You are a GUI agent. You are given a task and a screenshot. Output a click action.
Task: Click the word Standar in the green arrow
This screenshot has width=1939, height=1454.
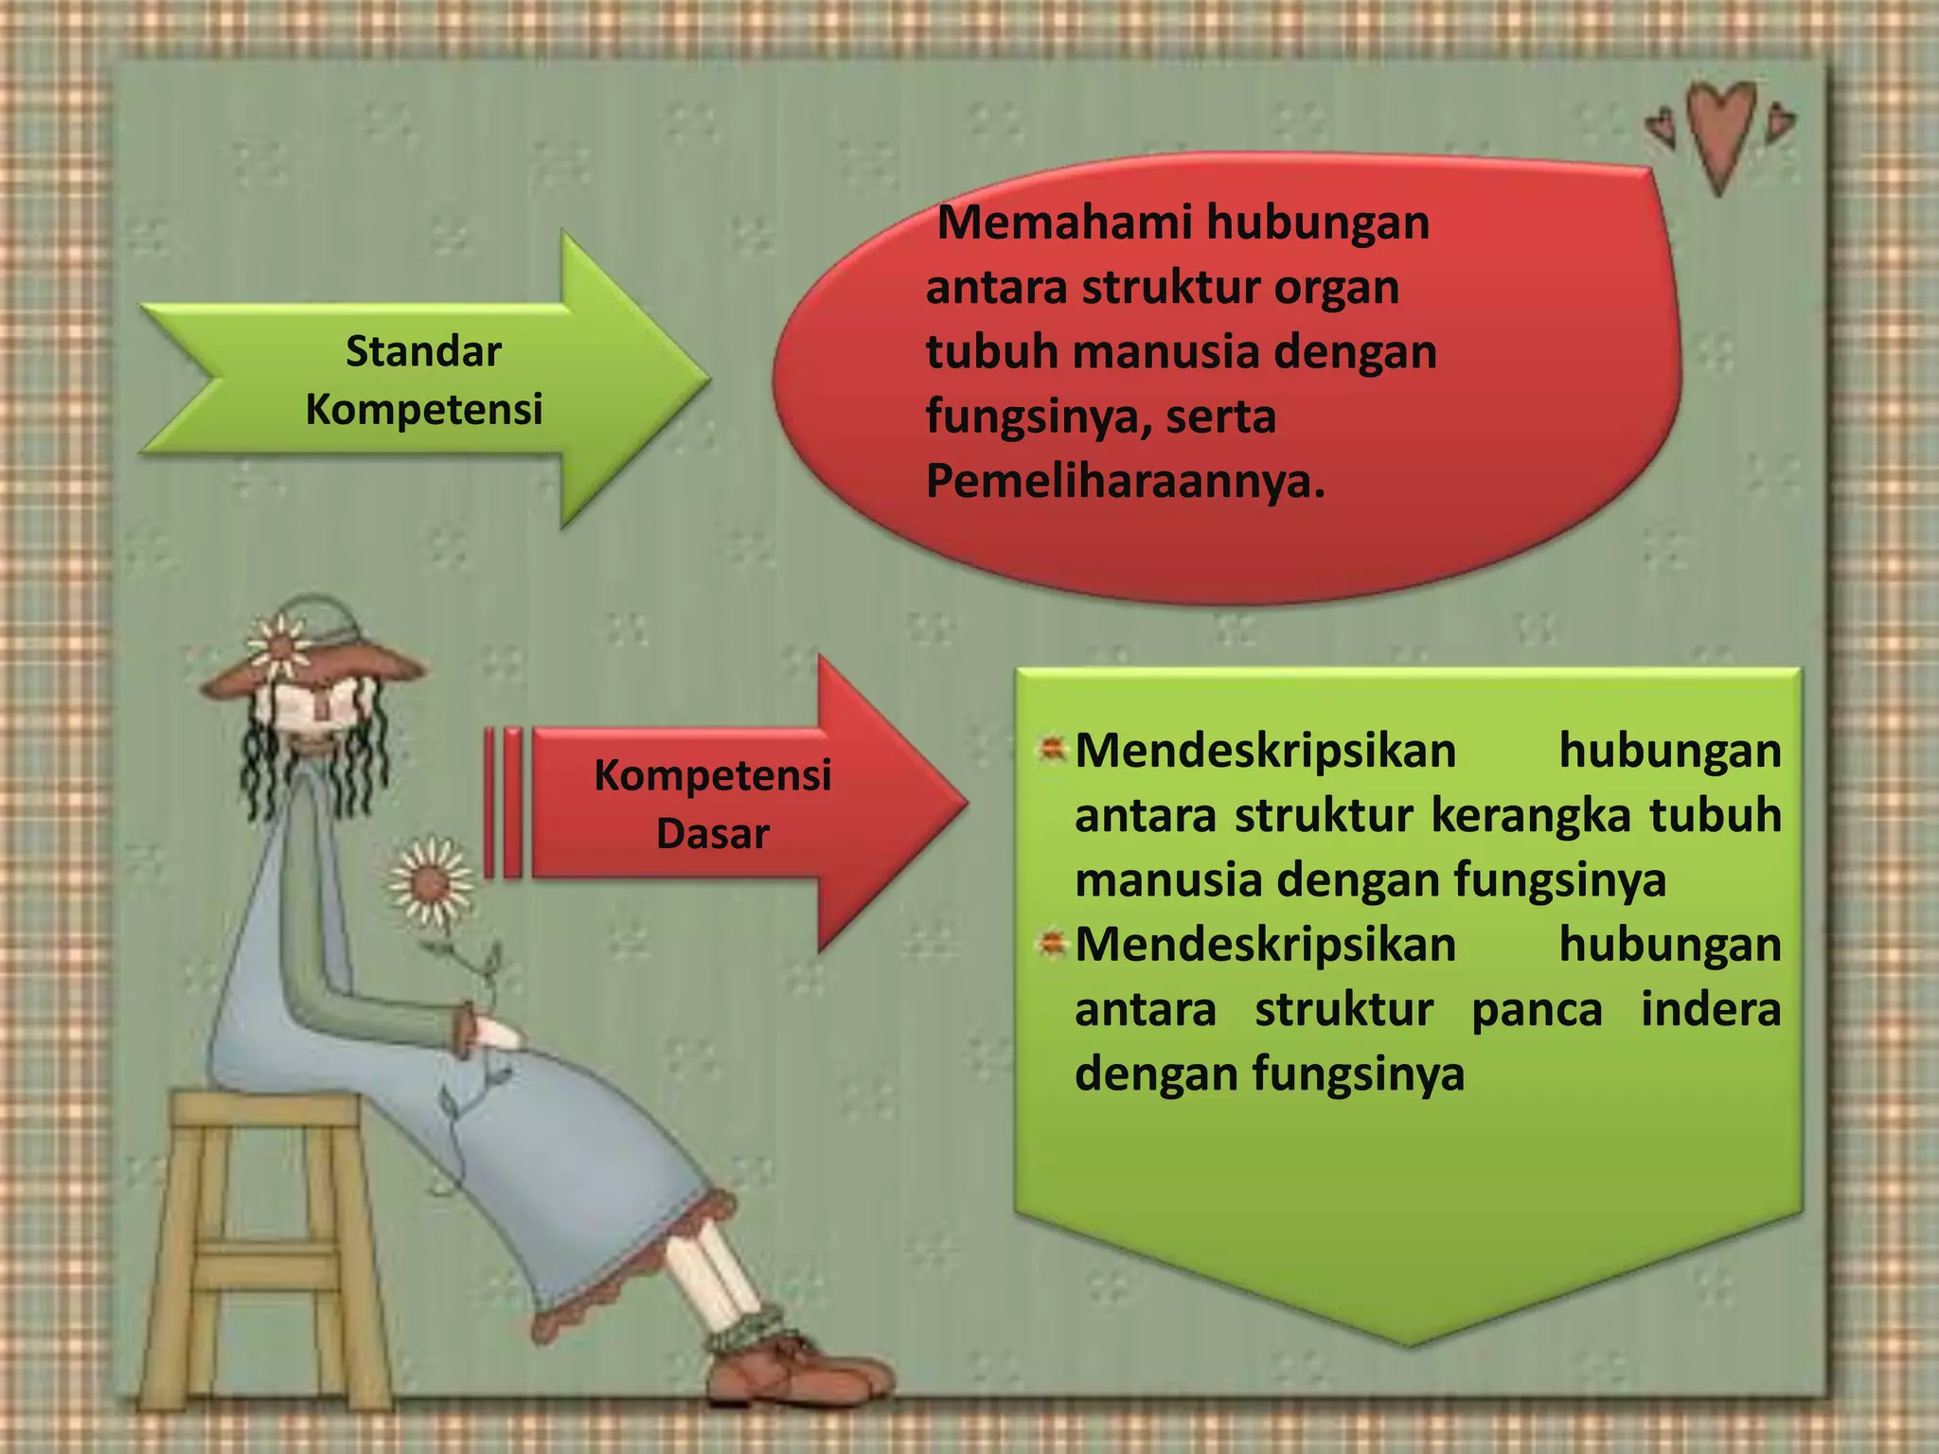tap(422, 351)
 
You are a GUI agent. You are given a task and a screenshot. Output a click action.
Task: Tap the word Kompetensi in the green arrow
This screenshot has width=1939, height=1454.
tap(423, 410)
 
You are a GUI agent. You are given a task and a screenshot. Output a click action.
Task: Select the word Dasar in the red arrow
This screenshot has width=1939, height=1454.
tap(712, 834)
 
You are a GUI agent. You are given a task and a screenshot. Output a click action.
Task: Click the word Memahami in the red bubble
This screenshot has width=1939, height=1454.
tap(1062, 223)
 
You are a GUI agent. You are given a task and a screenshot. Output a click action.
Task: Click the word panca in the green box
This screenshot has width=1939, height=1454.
tap(1537, 1009)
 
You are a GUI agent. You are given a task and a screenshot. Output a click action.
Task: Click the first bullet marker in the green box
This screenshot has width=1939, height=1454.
tap(1051, 751)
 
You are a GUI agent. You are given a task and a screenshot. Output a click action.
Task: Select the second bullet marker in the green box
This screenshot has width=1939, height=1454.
tap(1051, 945)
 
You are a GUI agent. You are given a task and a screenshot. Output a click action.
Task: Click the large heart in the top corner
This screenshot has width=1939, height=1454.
tap(1721, 133)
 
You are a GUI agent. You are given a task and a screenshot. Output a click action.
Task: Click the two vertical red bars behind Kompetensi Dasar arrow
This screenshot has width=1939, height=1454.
tap(502, 803)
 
